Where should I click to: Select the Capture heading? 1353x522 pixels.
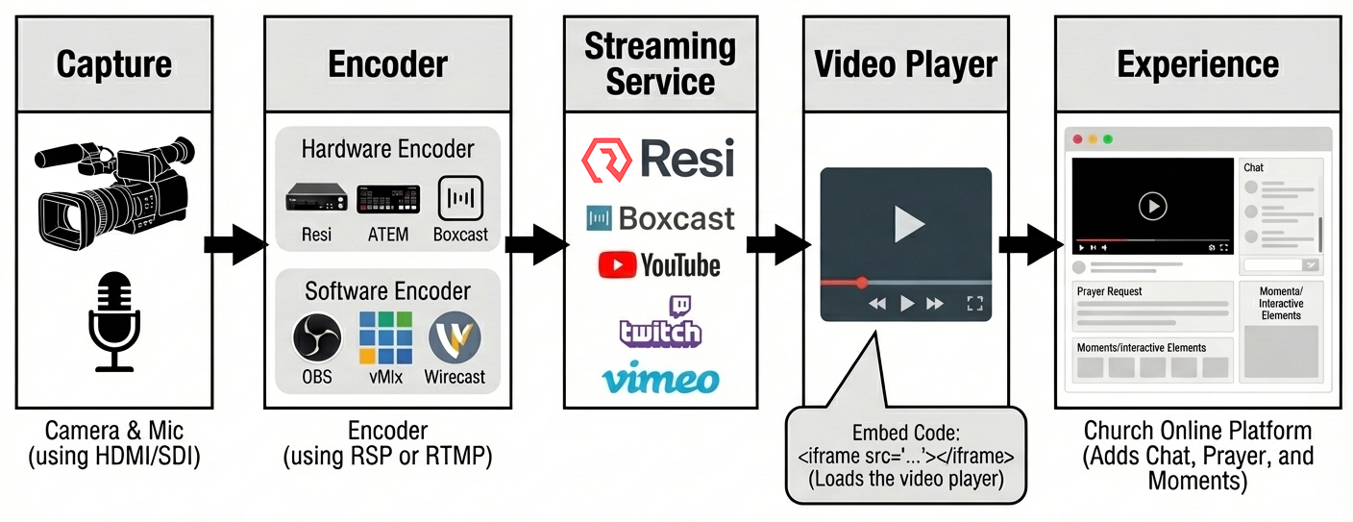click(x=114, y=64)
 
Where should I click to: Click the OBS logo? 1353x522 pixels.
click(x=316, y=337)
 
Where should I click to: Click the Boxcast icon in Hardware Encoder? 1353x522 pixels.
click(x=460, y=199)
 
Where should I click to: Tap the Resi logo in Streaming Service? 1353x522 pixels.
click(x=657, y=160)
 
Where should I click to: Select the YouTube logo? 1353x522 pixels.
click(x=659, y=264)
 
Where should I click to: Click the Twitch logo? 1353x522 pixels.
click(x=660, y=321)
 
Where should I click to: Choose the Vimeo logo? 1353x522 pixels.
click(x=660, y=378)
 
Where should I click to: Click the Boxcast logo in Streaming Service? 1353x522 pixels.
click(x=660, y=218)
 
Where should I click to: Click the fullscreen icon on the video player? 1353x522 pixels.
click(x=974, y=304)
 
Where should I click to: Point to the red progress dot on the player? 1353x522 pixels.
click(x=862, y=283)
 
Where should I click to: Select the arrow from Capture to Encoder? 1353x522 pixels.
click(x=234, y=244)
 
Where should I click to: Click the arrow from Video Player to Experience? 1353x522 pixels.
click(x=1027, y=244)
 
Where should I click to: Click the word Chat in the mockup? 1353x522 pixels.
click(x=1254, y=167)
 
